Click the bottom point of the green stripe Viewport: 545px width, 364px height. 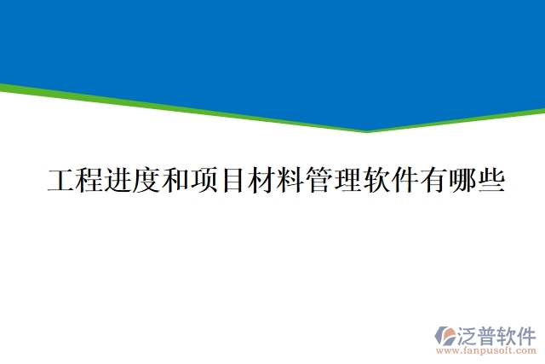[x=368, y=131]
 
